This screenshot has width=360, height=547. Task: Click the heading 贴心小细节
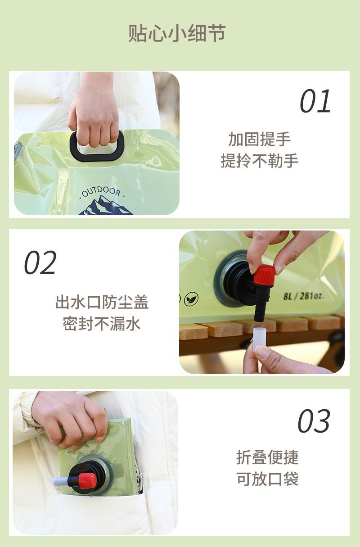177,33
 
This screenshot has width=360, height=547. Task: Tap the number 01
315,101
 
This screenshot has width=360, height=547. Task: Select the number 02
40,262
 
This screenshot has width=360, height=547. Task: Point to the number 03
314,421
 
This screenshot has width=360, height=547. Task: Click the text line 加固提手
260,139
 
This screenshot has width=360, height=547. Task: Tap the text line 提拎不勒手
260,161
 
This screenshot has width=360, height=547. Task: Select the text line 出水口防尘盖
102,302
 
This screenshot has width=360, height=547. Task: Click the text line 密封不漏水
102,324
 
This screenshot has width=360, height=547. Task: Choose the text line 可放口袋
267,479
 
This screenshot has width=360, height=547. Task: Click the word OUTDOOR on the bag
101,192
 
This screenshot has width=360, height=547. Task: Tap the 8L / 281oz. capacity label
303,296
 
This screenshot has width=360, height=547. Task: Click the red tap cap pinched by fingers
264,275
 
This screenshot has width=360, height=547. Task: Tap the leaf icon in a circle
191,298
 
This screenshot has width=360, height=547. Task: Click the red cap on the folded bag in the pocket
87,479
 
